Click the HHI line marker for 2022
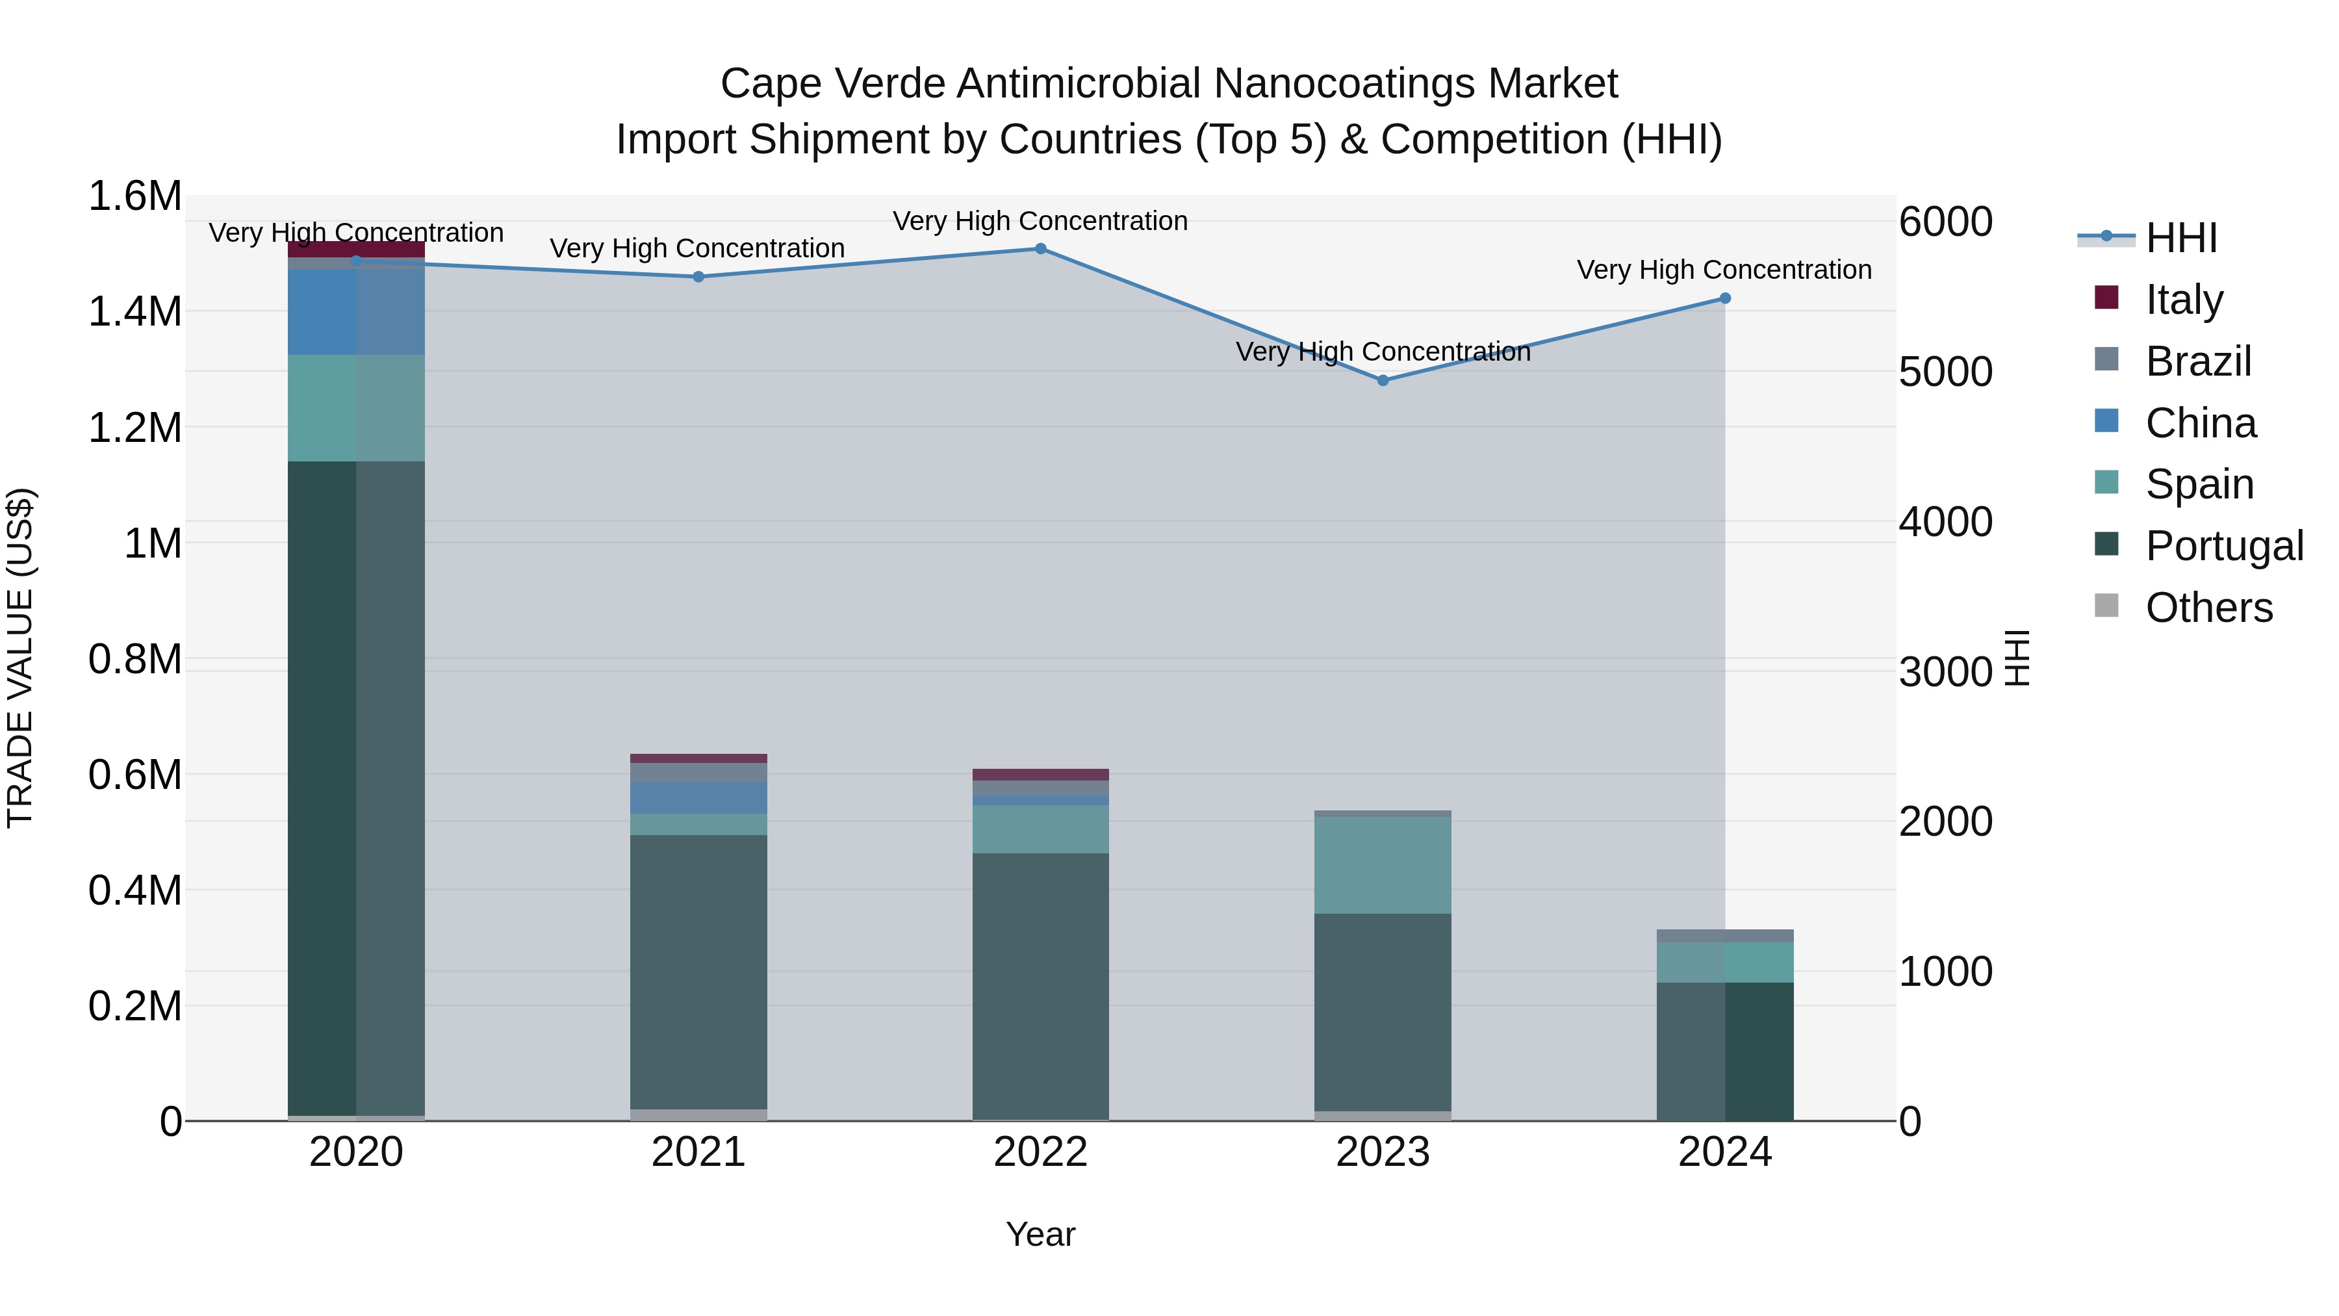[1041, 249]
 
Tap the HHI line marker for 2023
[1383, 381]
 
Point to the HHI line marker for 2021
[698, 277]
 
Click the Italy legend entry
[2184, 299]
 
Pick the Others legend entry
[2208, 608]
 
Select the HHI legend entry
[2181, 238]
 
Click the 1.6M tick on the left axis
[134, 197]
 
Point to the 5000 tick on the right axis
[1945, 372]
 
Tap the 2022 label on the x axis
[1041, 1152]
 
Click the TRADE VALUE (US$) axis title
[20, 658]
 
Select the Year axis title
[1041, 1234]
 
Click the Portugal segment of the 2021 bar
[698, 972]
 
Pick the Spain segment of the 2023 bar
[1383, 864]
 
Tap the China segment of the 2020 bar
[356, 311]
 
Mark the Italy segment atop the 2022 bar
[1041, 775]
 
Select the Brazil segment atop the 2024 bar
[1725, 935]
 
